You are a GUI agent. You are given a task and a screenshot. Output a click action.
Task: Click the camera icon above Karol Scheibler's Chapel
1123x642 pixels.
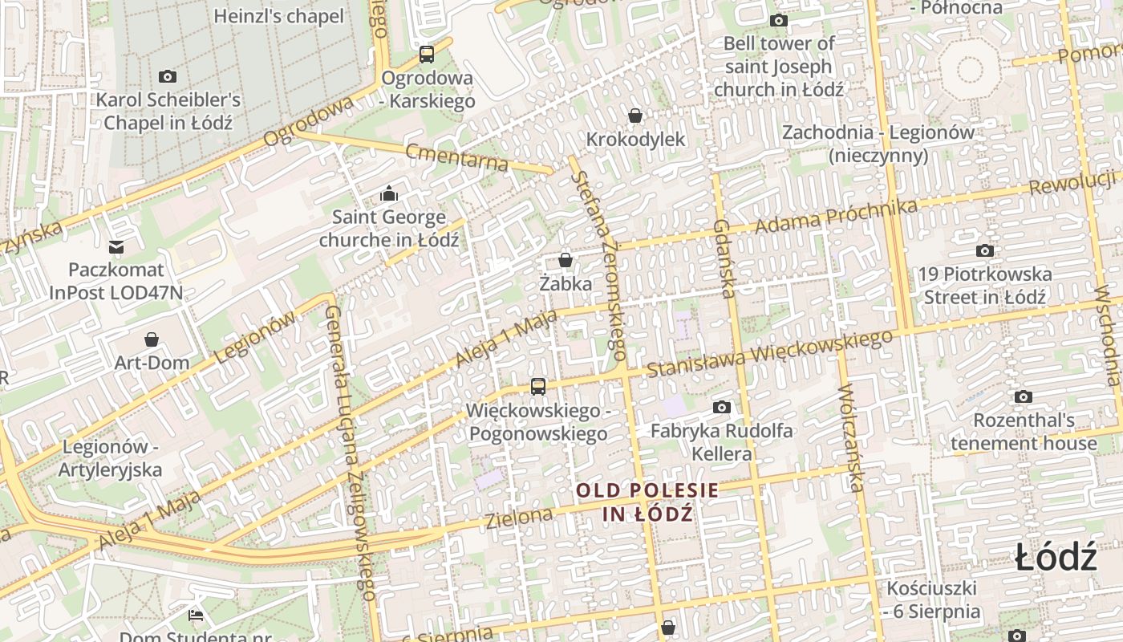click(168, 77)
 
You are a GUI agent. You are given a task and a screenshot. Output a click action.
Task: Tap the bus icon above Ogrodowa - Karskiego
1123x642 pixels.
click(427, 55)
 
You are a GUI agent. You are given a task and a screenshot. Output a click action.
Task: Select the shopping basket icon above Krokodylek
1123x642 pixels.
click(635, 116)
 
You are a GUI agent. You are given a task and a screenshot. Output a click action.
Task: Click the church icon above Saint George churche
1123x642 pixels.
click(389, 193)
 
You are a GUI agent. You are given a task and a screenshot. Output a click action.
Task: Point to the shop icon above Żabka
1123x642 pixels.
click(566, 260)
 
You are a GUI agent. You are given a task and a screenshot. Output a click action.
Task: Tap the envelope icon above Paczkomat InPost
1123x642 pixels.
click(116, 246)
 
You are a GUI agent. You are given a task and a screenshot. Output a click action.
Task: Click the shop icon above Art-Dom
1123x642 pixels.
click(152, 339)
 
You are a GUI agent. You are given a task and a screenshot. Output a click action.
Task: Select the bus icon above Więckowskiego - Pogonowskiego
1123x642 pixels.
click(538, 387)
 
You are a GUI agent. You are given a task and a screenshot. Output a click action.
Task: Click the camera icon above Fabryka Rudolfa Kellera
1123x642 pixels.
click(722, 408)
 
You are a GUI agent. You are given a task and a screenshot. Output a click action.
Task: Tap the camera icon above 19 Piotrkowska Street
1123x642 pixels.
click(985, 251)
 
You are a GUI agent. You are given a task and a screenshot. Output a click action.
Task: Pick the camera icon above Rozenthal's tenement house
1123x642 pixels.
click(1023, 397)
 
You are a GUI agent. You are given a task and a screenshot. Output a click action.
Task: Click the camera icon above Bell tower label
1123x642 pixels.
click(779, 21)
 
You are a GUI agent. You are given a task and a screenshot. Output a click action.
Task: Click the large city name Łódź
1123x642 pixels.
click(1056, 557)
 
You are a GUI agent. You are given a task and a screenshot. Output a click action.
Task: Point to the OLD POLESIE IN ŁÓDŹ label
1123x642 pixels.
click(647, 502)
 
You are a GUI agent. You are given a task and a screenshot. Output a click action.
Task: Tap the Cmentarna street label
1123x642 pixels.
click(456, 157)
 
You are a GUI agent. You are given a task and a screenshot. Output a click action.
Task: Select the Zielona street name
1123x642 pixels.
click(519, 518)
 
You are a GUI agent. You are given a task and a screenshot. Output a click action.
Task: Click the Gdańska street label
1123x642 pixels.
click(724, 258)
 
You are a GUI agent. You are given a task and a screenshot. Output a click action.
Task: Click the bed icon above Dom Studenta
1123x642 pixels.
click(196, 616)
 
